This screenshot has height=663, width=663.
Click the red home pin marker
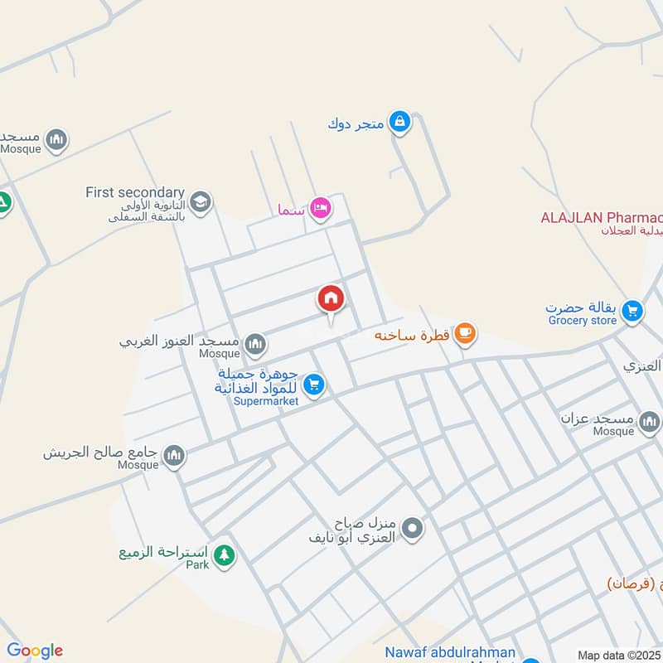(331, 298)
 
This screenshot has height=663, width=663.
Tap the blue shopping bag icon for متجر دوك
(400, 123)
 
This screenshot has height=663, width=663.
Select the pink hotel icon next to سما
(321, 208)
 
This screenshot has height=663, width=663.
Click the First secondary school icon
(200, 201)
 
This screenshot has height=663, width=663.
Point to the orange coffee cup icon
(466, 333)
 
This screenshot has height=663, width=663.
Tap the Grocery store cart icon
(632, 311)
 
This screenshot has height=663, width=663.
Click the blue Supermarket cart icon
(312, 384)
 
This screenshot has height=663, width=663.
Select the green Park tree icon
(223, 555)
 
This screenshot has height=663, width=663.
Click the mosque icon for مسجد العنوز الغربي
(255, 342)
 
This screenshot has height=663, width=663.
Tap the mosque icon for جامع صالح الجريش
(174, 455)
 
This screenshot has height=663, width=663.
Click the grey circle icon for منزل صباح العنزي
(412, 527)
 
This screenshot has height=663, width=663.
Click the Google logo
(35, 651)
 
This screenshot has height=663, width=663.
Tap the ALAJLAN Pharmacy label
(601, 218)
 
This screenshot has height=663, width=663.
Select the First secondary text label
(134, 192)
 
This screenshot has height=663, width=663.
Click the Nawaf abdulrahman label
(450, 653)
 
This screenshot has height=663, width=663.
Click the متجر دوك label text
(356, 124)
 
